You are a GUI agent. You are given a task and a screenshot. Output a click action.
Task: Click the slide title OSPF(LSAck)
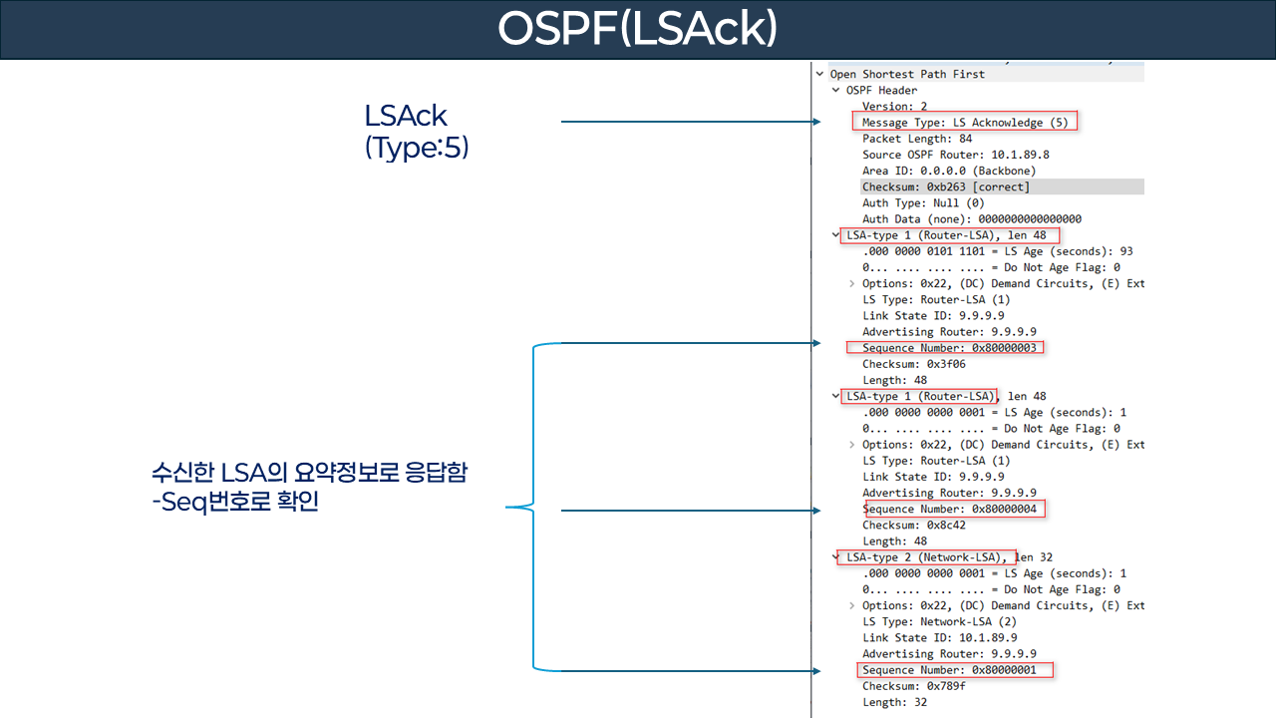637,30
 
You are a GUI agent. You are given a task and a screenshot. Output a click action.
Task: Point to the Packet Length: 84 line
917,139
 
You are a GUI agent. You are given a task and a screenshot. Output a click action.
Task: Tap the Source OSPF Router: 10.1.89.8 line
955,155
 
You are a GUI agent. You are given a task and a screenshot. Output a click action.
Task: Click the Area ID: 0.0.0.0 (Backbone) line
949,171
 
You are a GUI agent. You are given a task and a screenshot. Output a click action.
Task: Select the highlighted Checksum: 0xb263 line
945,186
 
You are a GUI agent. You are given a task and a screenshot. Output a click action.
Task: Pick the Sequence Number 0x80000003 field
950,348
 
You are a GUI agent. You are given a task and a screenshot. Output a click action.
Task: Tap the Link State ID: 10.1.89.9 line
926,637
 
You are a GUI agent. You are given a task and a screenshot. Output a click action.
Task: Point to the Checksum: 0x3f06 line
913,364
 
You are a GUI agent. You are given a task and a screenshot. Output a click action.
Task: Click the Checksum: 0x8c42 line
913,525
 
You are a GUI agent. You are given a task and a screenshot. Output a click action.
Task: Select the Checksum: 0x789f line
913,686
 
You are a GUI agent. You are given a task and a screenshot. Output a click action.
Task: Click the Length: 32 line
894,702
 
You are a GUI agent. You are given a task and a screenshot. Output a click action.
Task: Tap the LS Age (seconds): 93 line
997,251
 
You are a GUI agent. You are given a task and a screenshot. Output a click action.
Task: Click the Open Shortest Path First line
906,74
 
